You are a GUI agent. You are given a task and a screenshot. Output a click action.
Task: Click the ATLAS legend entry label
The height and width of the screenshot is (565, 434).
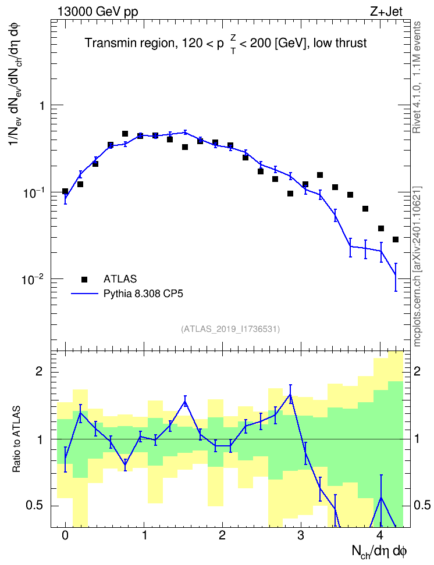[x=120, y=279]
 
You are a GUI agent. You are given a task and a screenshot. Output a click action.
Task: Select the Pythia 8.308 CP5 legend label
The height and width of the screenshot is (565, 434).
[x=143, y=294]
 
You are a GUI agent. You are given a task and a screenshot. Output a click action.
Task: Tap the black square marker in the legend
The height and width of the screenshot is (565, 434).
[x=84, y=279]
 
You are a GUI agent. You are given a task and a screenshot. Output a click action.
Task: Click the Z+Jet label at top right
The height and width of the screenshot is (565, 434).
[x=386, y=12]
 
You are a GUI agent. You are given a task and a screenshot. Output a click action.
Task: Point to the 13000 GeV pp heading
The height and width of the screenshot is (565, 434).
[x=98, y=12]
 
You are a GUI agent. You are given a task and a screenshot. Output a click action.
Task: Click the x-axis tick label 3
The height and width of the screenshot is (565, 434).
[x=301, y=535]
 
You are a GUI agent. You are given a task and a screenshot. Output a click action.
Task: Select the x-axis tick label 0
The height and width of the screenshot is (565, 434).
[x=65, y=535]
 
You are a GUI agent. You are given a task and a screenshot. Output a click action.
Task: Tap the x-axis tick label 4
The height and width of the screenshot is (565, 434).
[x=379, y=535]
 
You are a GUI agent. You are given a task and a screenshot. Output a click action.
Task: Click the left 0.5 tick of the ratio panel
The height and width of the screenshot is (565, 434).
[x=35, y=506]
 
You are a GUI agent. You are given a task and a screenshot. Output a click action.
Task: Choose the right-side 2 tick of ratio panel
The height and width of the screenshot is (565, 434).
[x=417, y=371]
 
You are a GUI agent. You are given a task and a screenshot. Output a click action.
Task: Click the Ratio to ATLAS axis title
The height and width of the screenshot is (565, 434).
[x=17, y=439]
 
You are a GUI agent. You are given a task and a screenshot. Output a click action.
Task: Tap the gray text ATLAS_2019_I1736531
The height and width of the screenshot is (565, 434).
[x=230, y=328]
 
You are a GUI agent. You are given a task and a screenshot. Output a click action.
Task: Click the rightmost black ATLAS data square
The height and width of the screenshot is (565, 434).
[x=396, y=239]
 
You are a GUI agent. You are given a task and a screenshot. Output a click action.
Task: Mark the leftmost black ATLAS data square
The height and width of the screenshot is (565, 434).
[x=65, y=191]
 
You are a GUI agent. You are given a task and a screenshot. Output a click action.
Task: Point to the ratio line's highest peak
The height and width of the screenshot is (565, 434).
[x=290, y=395]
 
